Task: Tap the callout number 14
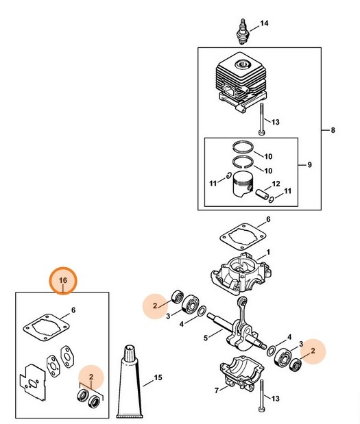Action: click(264, 23)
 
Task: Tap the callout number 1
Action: click(268, 252)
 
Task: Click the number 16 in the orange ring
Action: click(63, 281)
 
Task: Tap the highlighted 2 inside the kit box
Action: click(91, 376)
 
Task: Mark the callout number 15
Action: click(158, 377)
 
